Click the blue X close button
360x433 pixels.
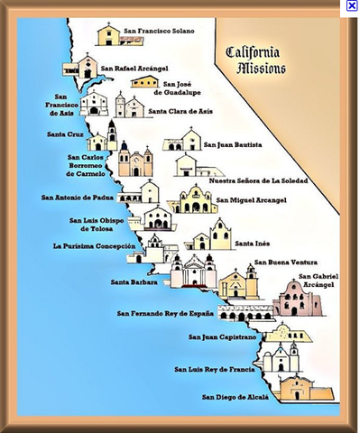tap(352, 5)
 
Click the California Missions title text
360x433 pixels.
tap(255, 60)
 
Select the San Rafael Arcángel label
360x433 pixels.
tap(134, 67)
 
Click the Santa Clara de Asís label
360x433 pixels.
tap(180, 112)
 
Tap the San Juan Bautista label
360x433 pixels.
tap(233, 143)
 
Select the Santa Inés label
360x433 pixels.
tap(251, 243)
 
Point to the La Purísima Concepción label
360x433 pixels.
tap(95, 245)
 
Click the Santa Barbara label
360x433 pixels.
tap(134, 281)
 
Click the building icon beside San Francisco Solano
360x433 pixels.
tap(109, 35)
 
